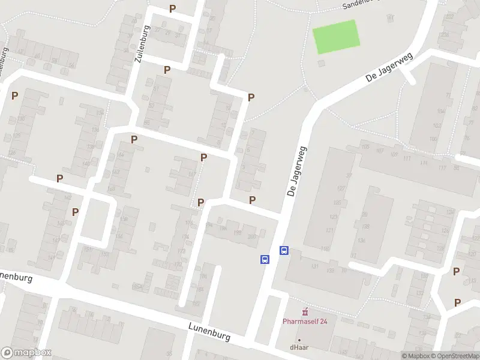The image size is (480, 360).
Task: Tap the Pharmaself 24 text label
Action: click(x=305, y=321)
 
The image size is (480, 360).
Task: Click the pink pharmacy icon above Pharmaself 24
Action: click(x=305, y=311)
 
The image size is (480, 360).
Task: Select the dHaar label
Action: click(x=299, y=346)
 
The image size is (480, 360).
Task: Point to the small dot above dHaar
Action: click(x=299, y=339)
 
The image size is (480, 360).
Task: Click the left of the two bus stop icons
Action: click(x=264, y=260)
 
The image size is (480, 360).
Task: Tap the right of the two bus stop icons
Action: click(x=284, y=251)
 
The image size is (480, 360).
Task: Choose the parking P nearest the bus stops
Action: click(x=253, y=200)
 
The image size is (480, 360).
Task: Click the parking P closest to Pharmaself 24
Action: click(x=457, y=302)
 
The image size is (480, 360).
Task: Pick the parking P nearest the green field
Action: click(x=251, y=97)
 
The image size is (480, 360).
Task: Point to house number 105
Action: click(x=365, y=147)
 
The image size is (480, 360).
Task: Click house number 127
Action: click(x=341, y=188)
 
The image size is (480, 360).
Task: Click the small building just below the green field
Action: click(x=322, y=62)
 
